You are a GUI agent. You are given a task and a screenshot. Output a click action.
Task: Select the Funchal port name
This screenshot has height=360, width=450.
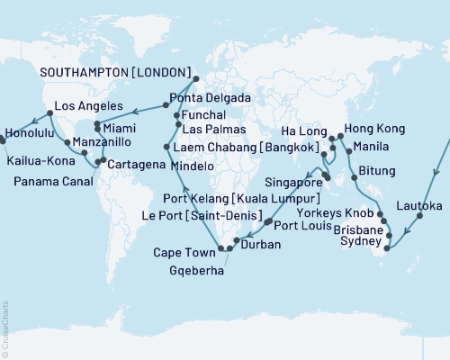(x=206, y=115)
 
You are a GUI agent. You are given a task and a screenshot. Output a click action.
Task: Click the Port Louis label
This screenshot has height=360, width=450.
(x=302, y=225)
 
